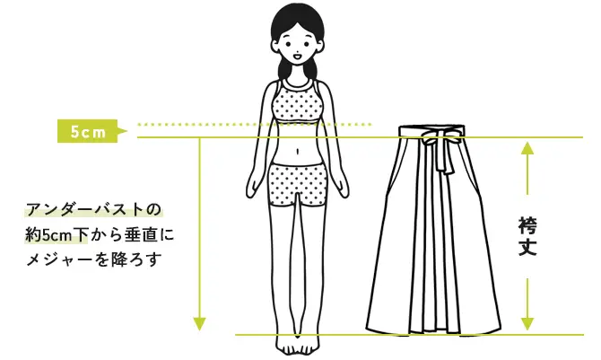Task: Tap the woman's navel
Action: pyautogui.click(x=298, y=151)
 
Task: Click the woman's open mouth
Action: pyautogui.click(x=297, y=57)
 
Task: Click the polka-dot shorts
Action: pyautogui.click(x=298, y=184)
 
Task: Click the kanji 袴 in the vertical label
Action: pyautogui.click(x=527, y=225)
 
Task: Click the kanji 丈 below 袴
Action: pyautogui.click(x=527, y=247)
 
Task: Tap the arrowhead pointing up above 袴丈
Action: pyautogui.click(x=527, y=148)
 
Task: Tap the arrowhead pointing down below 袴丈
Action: pyautogui.click(x=527, y=324)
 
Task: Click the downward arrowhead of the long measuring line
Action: pyautogui.click(x=199, y=324)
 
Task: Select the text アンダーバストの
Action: pyautogui.click(x=93, y=210)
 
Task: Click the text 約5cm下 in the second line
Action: pyautogui.click(x=57, y=235)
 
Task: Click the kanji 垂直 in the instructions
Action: pyautogui.click(x=136, y=235)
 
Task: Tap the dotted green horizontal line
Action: pyautogui.click(x=255, y=125)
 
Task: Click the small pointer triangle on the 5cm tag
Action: pyautogui.click(x=122, y=131)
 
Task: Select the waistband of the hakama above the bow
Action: pyautogui.click(x=431, y=130)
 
